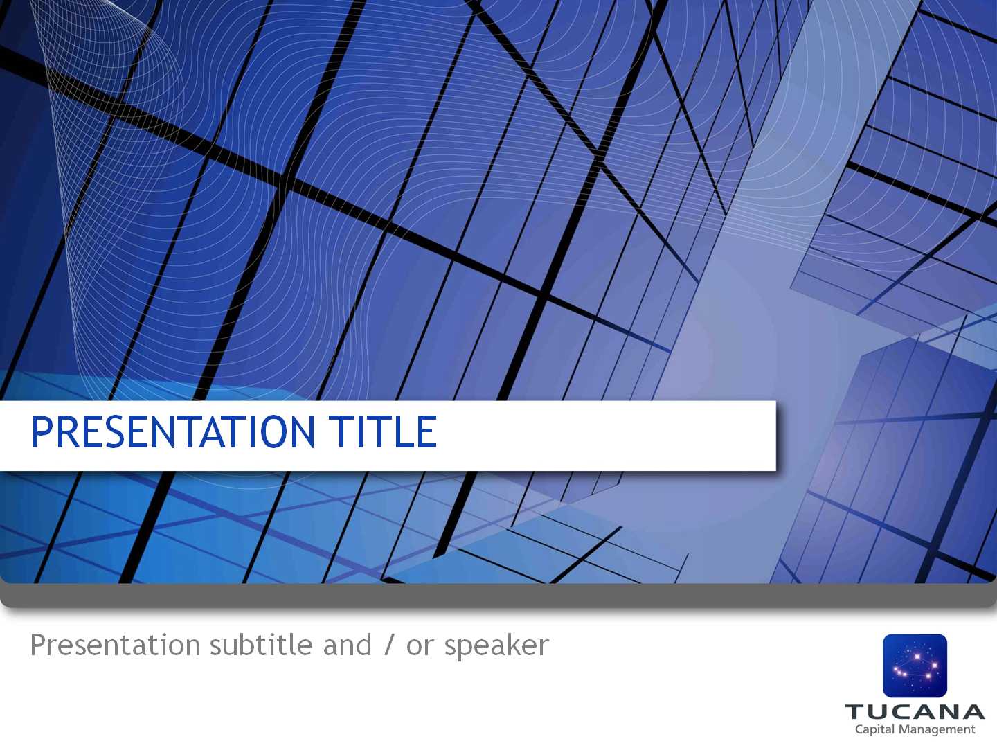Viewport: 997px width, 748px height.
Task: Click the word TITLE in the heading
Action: [382, 432]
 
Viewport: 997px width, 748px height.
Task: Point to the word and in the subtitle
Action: [347, 645]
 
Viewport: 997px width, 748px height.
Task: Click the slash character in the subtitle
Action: [389, 645]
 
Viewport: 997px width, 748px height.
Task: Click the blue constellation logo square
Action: [915, 666]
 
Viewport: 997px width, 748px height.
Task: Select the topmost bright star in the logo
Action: [917, 657]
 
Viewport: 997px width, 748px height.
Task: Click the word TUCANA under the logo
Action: [915, 712]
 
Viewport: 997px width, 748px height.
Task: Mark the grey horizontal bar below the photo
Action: [498, 596]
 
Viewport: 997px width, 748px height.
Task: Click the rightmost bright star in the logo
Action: [935, 665]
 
